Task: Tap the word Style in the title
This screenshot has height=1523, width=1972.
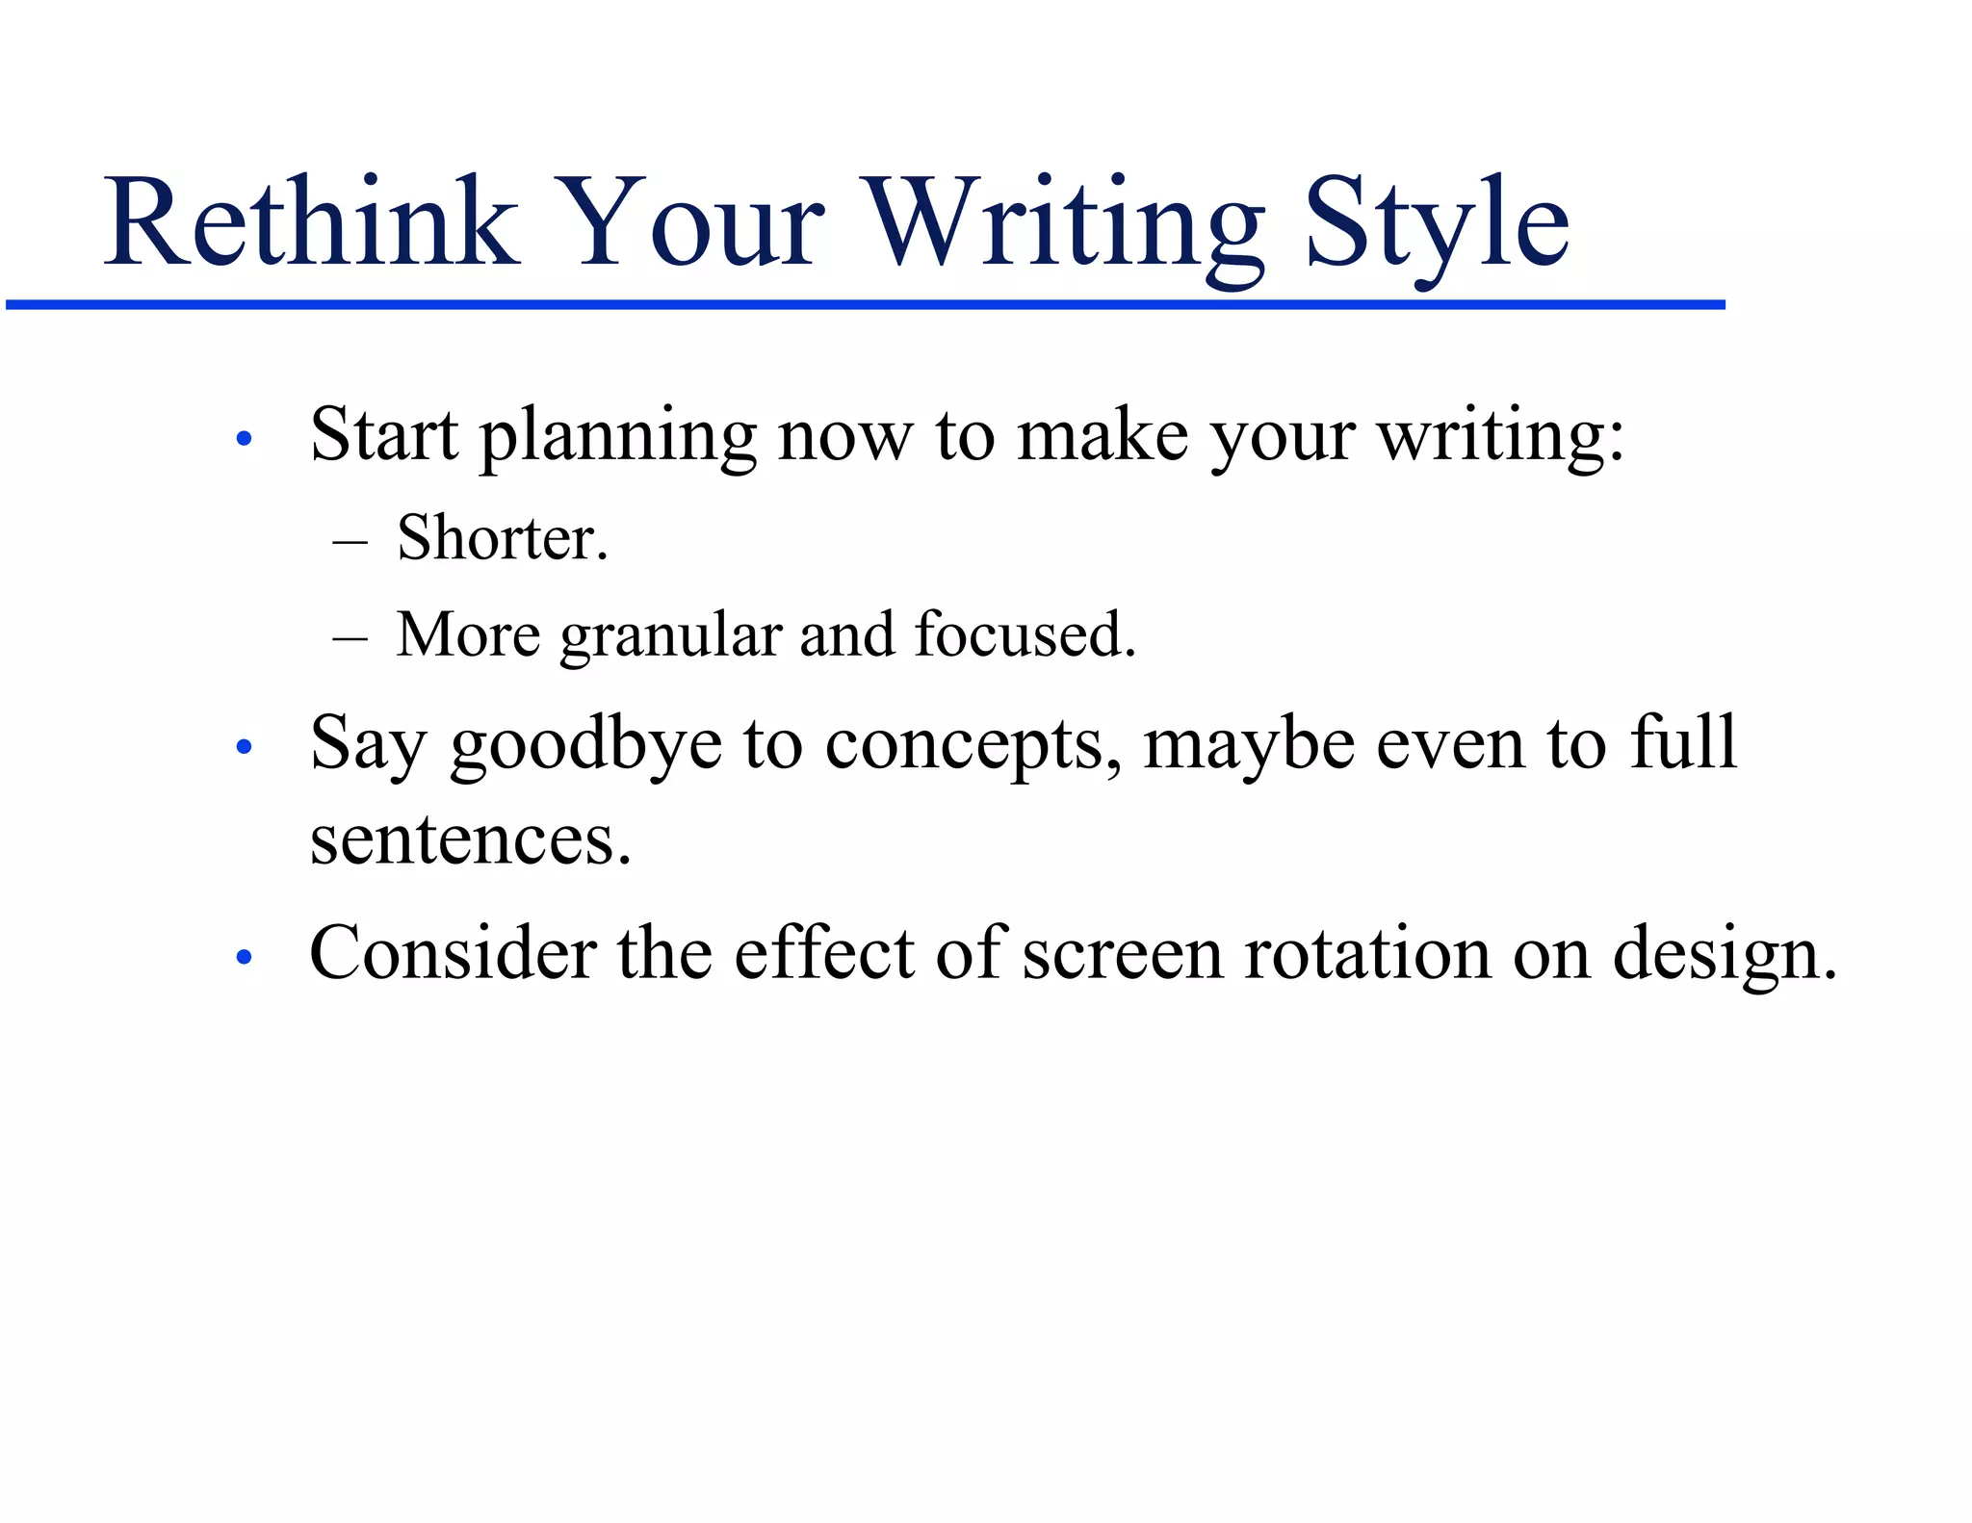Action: tap(1437, 224)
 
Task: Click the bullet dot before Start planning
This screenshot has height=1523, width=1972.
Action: tap(244, 439)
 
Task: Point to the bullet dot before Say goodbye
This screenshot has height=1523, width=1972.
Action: tap(244, 746)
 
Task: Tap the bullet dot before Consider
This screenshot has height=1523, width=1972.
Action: tap(244, 957)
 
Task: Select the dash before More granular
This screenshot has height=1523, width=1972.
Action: tap(350, 638)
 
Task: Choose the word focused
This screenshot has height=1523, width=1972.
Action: tap(1025, 634)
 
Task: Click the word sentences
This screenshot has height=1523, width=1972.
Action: tap(470, 840)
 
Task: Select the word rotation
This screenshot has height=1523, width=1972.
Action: tap(1367, 954)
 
